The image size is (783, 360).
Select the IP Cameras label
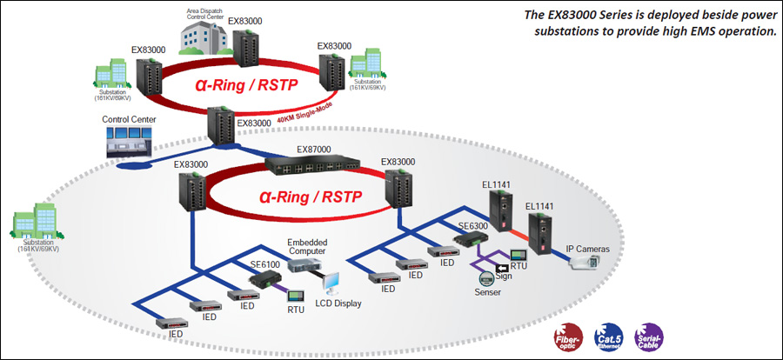[x=587, y=250]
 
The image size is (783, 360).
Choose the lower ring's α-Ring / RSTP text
[x=306, y=196]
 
